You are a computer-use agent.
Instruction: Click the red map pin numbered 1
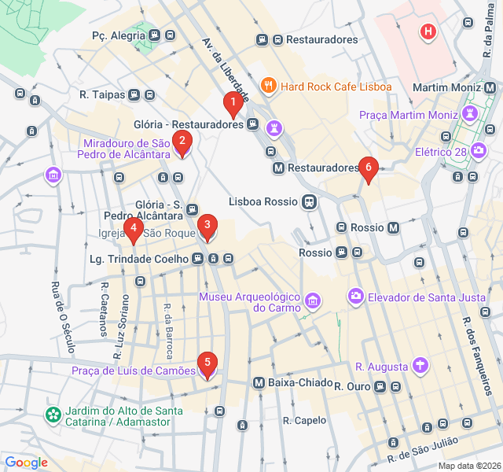(232, 103)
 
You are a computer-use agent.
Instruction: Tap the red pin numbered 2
(182, 143)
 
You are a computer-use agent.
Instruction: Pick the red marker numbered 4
(134, 230)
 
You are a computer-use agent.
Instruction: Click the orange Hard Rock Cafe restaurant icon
(269, 86)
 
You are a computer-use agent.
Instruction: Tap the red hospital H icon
(428, 32)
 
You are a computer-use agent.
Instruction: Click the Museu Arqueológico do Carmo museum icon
(314, 301)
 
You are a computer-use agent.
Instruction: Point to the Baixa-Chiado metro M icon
(259, 382)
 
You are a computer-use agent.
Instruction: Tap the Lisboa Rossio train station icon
(311, 201)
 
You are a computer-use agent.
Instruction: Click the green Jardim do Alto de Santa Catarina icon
(53, 414)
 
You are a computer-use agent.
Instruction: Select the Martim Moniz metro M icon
(491, 87)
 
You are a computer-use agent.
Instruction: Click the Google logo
(26, 463)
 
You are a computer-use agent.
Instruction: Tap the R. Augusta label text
(381, 367)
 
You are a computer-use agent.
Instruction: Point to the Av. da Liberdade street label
(226, 69)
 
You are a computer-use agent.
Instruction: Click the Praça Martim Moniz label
(408, 116)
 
